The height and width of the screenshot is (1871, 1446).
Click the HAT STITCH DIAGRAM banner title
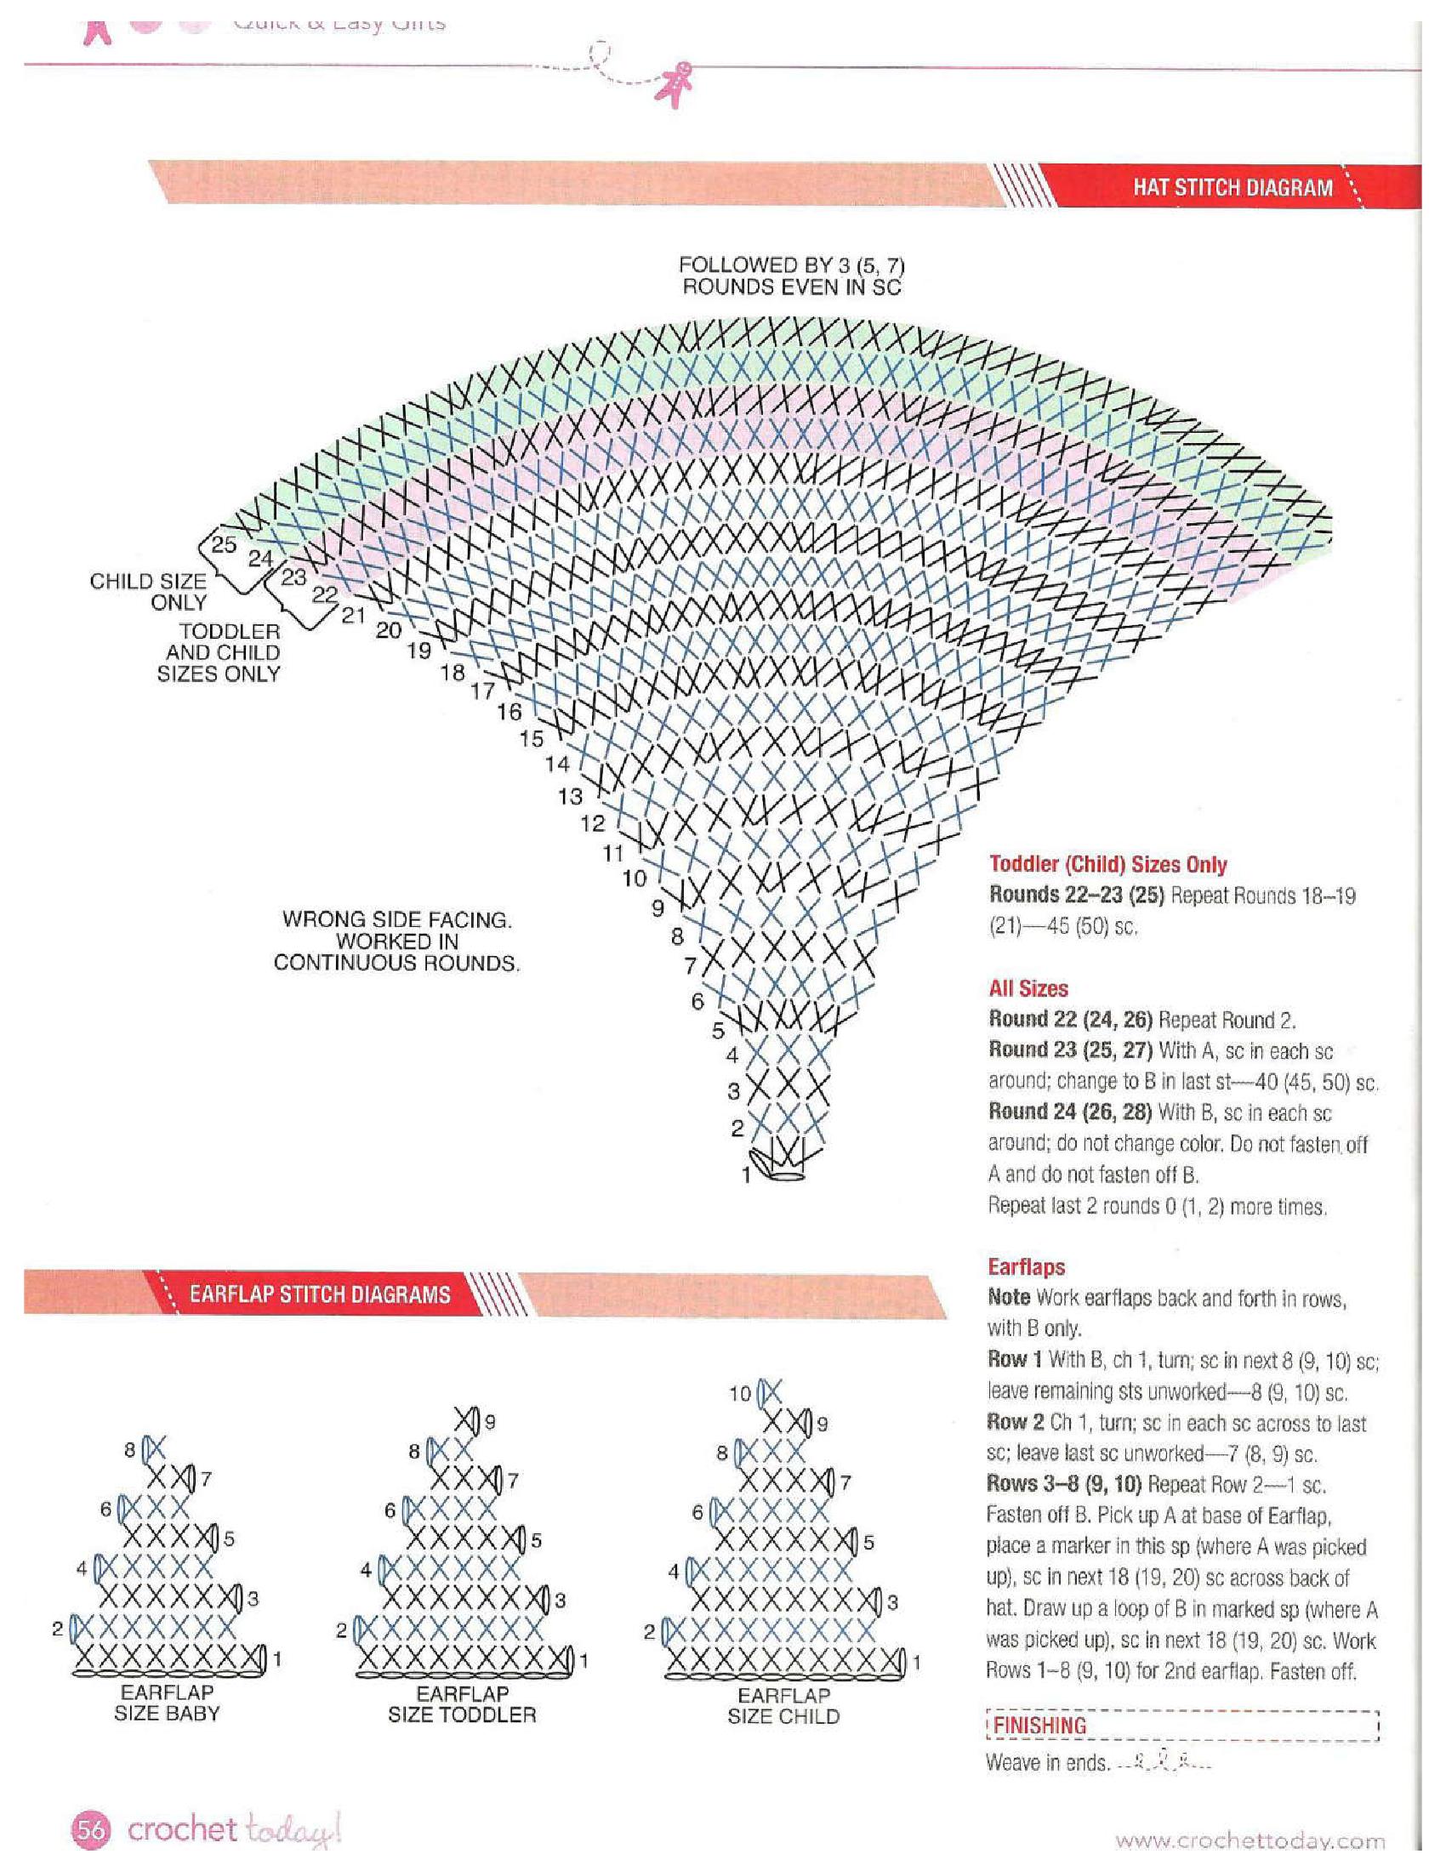tap(1233, 187)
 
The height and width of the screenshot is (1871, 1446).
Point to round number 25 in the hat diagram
tap(224, 545)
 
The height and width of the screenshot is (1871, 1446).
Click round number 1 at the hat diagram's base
tap(746, 1175)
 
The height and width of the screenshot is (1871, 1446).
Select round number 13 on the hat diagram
tap(570, 797)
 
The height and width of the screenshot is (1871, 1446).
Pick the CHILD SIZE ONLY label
tap(148, 592)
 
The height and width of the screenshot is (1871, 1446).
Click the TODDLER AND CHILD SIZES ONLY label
tap(219, 653)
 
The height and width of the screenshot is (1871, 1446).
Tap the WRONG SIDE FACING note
tap(396, 941)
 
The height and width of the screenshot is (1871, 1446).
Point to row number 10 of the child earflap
tap(739, 1394)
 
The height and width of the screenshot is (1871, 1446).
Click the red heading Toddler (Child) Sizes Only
tap(1107, 864)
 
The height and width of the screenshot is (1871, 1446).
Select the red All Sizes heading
tap(1028, 988)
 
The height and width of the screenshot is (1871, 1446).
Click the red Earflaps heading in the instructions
tap(1027, 1267)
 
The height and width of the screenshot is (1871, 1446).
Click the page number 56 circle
tap(91, 1830)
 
